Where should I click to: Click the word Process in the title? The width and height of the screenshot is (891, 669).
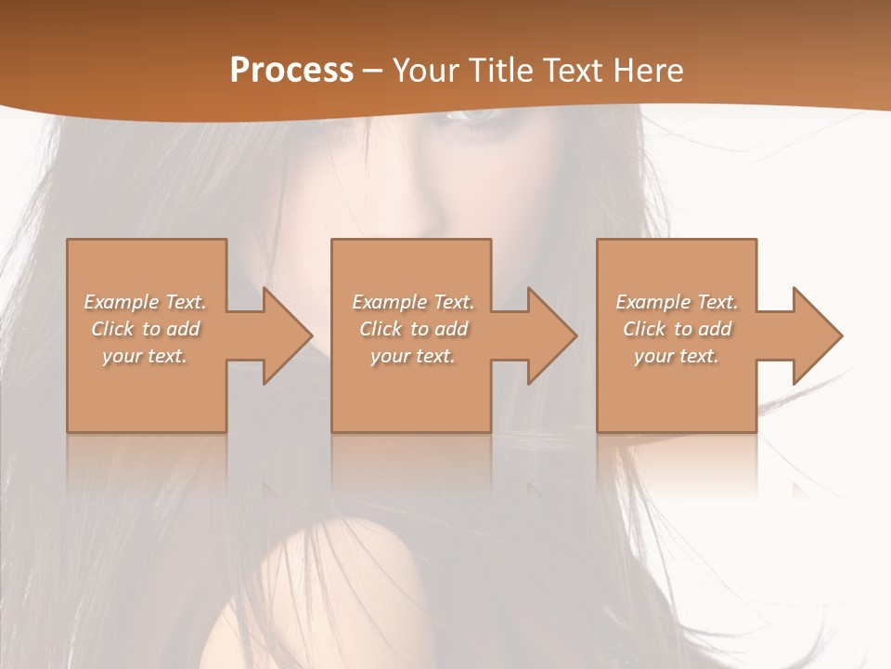pos(291,70)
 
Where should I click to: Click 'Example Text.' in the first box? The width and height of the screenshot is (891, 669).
pos(145,302)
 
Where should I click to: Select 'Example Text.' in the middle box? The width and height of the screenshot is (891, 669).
pos(413,302)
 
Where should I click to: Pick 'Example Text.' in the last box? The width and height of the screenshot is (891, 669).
pos(677,302)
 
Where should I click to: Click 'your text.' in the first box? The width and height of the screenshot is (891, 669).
pos(145,356)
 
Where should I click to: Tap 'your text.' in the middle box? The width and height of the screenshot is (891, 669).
pos(413,356)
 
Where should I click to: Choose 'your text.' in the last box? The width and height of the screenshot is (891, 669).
pos(677,356)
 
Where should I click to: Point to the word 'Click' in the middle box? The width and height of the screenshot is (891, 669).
pos(381,329)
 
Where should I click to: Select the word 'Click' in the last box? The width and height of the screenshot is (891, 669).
pos(644,329)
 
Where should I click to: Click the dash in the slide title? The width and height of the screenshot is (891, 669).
pos(373,71)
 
